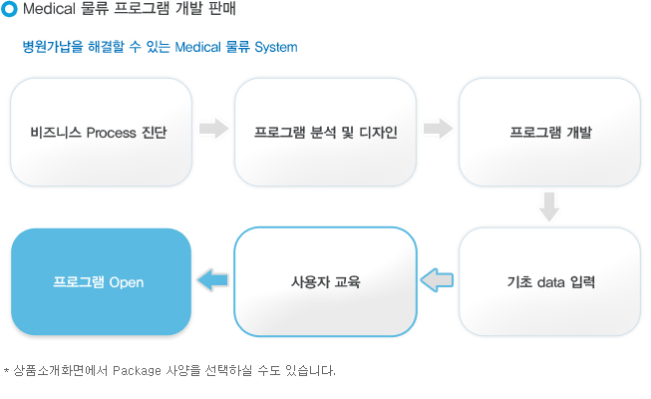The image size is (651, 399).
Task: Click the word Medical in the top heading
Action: [x=49, y=8]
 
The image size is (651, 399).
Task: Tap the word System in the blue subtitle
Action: [x=276, y=47]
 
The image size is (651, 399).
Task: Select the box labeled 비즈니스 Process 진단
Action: [x=102, y=132]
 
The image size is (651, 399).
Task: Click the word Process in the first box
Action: [x=111, y=133]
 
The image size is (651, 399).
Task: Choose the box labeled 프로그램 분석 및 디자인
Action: [x=325, y=132]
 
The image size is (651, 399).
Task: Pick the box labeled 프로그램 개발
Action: [x=549, y=132]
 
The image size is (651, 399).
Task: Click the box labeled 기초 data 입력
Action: [x=549, y=281]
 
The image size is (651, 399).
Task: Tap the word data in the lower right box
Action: [x=550, y=282]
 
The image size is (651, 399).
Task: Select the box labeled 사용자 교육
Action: [x=325, y=281]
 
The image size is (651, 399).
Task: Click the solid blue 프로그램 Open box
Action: [x=102, y=281]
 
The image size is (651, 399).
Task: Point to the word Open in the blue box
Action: [x=127, y=282]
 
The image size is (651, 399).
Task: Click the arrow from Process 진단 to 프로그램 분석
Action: [x=213, y=128]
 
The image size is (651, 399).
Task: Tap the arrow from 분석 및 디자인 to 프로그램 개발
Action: [x=438, y=128]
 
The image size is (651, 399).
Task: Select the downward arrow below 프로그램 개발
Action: [x=549, y=206]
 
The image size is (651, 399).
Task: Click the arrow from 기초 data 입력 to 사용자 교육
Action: [x=437, y=280]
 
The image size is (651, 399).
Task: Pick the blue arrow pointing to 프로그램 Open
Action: [x=213, y=280]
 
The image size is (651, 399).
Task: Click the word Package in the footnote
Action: [x=137, y=370]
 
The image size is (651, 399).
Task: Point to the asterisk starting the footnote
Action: [x=6, y=369]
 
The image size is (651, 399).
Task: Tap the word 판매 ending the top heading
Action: [x=222, y=8]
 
